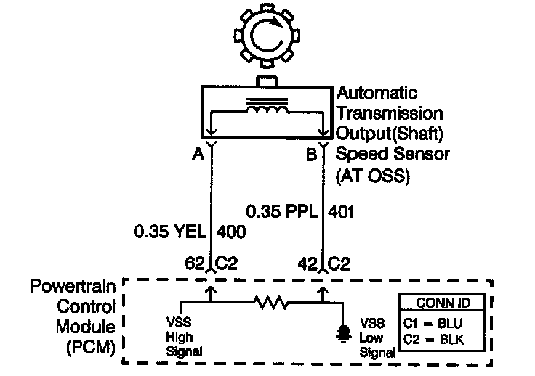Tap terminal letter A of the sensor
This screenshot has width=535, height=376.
[x=196, y=154]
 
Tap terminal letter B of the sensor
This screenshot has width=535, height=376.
[x=310, y=154]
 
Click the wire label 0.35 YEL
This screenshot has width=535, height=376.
[x=169, y=233]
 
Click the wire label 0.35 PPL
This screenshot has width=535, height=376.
[x=282, y=213]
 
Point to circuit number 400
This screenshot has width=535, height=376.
[x=230, y=233]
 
